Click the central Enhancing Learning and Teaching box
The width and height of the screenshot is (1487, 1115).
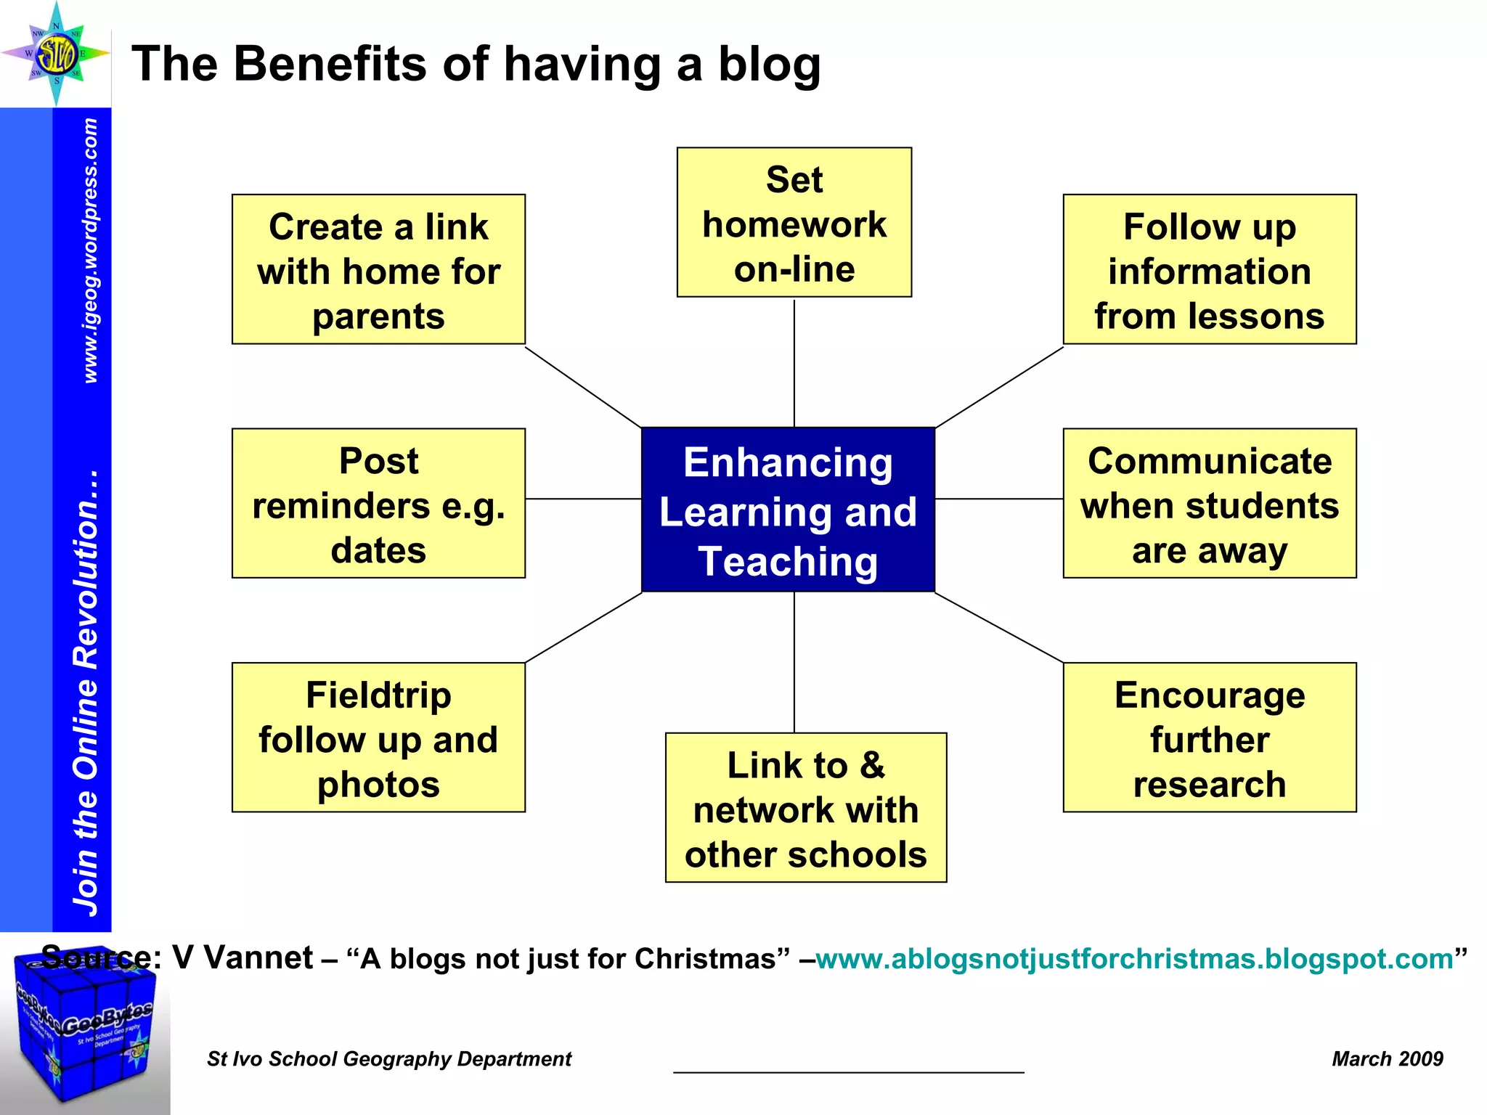(x=788, y=510)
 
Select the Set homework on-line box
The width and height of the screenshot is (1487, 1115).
(x=794, y=223)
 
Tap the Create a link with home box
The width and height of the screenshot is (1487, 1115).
(x=378, y=269)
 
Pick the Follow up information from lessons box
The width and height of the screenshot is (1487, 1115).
(x=1209, y=269)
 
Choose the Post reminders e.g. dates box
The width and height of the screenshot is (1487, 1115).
(x=378, y=503)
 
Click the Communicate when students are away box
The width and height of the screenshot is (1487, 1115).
(x=1209, y=503)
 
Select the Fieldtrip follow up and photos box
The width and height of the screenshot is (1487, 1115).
(x=378, y=738)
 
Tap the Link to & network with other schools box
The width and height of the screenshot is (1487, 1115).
(x=805, y=808)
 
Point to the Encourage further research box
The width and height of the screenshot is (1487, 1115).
(x=1209, y=738)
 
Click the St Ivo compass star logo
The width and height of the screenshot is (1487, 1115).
(x=57, y=54)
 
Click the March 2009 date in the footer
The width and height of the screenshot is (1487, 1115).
(x=1387, y=1059)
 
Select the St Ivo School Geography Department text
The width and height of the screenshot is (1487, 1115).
(x=389, y=1059)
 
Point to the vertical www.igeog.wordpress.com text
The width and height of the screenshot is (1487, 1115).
(x=90, y=250)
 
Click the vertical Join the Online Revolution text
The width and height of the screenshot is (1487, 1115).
(x=86, y=693)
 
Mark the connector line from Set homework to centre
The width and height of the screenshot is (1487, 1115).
(x=794, y=363)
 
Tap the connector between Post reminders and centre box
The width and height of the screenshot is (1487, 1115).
(x=583, y=499)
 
